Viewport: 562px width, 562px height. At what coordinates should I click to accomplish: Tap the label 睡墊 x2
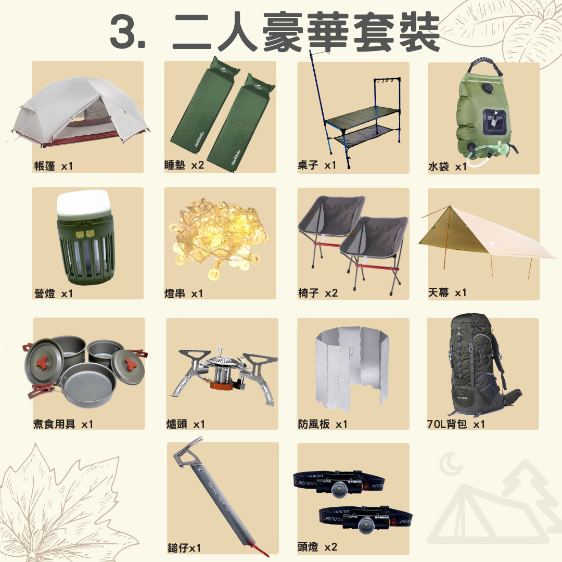coord(184,165)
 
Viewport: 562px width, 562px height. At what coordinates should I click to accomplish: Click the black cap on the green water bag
coord(488,87)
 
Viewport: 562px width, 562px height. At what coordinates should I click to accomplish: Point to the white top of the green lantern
coord(83,203)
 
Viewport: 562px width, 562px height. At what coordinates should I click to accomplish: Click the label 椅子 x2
coord(318,293)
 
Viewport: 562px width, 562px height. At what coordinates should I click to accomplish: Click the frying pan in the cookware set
coord(88,385)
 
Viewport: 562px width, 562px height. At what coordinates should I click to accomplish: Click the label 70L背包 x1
coord(456,424)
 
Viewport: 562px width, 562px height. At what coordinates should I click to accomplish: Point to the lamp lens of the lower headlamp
coord(366,525)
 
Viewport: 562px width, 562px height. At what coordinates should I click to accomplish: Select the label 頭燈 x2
coord(317,547)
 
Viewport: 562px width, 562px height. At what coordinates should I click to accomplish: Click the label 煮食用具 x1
coord(63,424)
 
